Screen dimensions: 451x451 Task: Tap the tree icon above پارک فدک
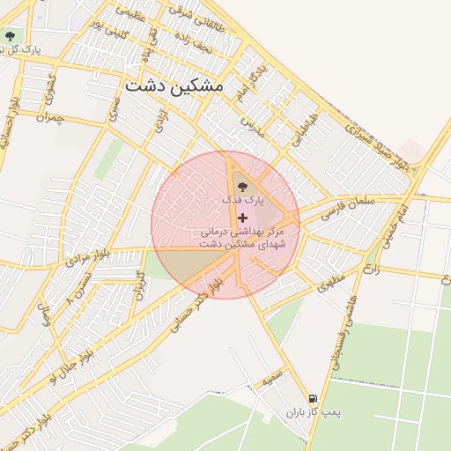click(243, 186)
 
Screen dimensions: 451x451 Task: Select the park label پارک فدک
click(243, 201)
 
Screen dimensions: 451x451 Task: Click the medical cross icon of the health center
click(243, 217)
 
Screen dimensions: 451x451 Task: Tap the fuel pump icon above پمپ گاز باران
click(311, 398)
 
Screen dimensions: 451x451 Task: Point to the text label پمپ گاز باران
click(312, 412)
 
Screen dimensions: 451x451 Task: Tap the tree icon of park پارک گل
click(10, 37)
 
